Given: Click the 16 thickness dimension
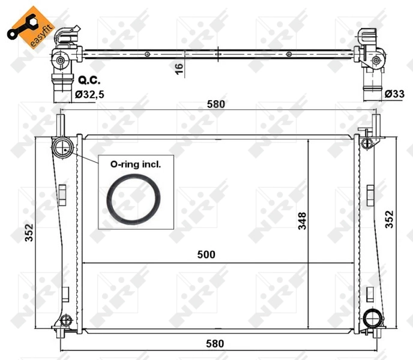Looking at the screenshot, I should click(x=179, y=68).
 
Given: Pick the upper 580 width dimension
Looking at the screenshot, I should click(x=216, y=104).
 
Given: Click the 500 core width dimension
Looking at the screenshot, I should click(x=206, y=254).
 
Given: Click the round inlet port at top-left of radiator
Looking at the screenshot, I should click(x=62, y=148).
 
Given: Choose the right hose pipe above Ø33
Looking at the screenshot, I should click(x=373, y=90).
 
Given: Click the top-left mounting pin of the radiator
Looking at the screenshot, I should click(x=61, y=125).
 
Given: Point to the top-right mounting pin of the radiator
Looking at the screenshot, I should click(x=373, y=125).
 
